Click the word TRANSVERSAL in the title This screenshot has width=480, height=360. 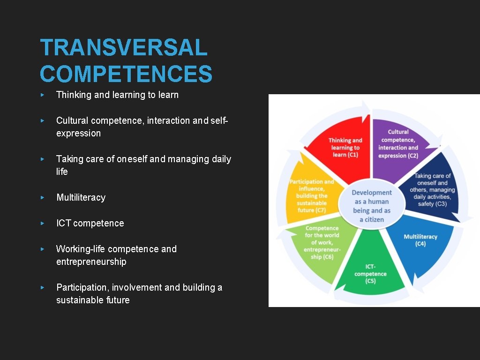pyautogui.click(x=124, y=48)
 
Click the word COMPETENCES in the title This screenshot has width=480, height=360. pyautogui.click(x=126, y=74)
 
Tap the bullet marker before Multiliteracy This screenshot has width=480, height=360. pyautogui.click(x=42, y=197)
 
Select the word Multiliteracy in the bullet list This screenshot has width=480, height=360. pyautogui.click(x=81, y=197)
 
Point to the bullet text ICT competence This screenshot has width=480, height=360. pyautogui.click(x=90, y=223)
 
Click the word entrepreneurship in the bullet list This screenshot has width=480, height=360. pyautogui.click(x=91, y=262)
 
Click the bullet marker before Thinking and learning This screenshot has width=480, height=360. pyautogui.click(x=42, y=95)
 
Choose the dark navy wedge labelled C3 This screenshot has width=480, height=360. pyautogui.click(x=431, y=190)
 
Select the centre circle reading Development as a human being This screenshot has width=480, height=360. pyautogui.click(x=372, y=206)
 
